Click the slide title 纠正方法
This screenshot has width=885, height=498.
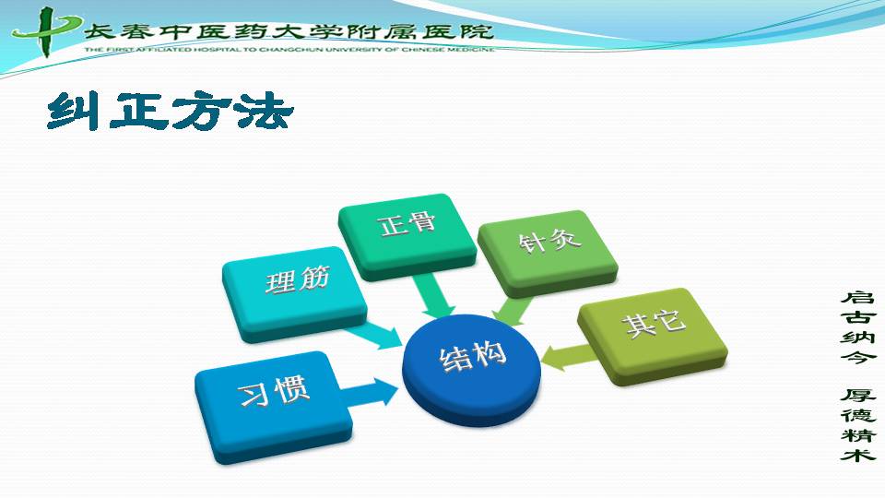coord(170,112)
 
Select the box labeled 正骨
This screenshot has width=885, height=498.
coord(407,237)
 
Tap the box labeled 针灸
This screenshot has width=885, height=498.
coord(548,253)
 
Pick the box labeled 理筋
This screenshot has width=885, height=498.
coord(295,293)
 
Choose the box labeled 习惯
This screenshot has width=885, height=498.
coord(273,407)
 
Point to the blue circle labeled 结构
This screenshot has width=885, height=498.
coord(472,370)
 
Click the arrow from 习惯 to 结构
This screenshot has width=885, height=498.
coord(370,391)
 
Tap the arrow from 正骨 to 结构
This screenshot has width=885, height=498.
coord(433,296)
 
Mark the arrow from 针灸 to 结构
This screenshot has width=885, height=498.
coord(512,311)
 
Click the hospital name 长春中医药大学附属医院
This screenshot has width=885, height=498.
coord(289,31)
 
